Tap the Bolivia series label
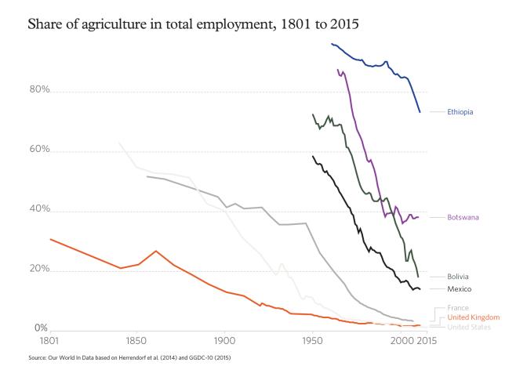coord(458,277)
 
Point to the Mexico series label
coord(459,289)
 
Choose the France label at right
coord(457,308)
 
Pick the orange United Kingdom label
coord(469,317)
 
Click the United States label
coord(469,327)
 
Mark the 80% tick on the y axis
coord(40,91)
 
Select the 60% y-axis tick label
coord(40,150)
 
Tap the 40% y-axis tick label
coord(40,210)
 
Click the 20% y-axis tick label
coord(40,270)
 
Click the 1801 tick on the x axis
coord(49,342)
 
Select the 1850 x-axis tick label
coord(136,342)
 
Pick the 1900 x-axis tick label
coord(224,342)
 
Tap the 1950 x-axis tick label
coord(313,342)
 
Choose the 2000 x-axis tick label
coord(401,342)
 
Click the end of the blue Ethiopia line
coord(420,112)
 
